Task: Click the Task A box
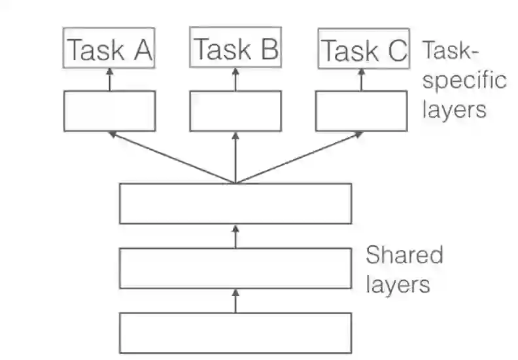[109, 48]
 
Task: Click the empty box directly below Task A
[109, 111]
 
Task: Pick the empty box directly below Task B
[235, 111]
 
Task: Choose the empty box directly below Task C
[362, 111]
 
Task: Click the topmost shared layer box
[235, 204]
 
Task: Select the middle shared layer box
[235, 268]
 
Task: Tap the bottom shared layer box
[235, 333]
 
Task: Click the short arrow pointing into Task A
[109, 79]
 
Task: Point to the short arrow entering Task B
[235, 79]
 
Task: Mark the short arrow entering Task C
[362, 79]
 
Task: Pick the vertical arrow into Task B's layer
[235, 157]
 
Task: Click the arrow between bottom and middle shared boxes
[235, 300]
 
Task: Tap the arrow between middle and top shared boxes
[235, 236]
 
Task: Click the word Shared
[404, 255]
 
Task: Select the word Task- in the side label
[451, 51]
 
